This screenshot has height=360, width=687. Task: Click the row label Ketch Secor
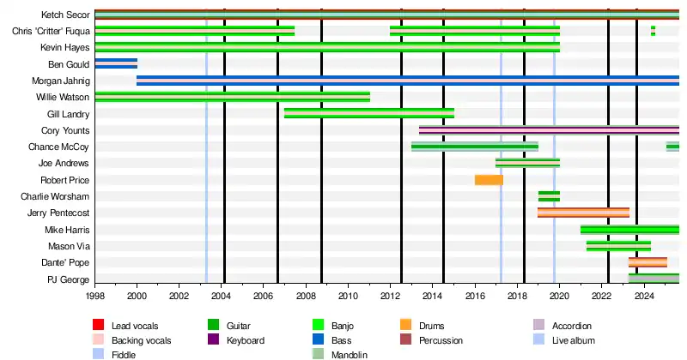pyautogui.click(x=65, y=15)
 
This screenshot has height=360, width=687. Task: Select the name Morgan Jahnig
pyautogui.click(x=61, y=81)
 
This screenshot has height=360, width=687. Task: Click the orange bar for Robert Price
pyautogui.click(x=489, y=180)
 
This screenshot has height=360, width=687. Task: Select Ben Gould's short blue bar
pyautogui.click(x=116, y=63)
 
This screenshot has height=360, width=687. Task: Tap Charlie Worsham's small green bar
pyautogui.click(x=549, y=196)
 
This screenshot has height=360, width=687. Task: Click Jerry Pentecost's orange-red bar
pyautogui.click(x=583, y=213)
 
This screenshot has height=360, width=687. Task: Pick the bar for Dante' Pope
pyautogui.click(x=647, y=262)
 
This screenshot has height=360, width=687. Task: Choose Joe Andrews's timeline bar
pyautogui.click(x=527, y=163)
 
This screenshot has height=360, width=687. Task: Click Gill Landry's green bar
pyautogui.click(x=369, y=113)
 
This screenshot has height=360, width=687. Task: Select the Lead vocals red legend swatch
pyautogui.click(x=99, y=326)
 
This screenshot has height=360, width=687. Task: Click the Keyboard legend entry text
pyautogui.click(x=245, y=340)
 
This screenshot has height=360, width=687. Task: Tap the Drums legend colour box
pyautogui.click(x=406, y=326)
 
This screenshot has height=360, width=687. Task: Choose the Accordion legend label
pyautogui.click(x=571, y=326)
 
